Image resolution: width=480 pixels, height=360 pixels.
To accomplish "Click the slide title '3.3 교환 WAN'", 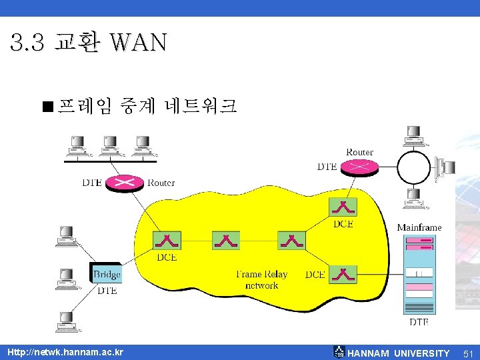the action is click(88, 43).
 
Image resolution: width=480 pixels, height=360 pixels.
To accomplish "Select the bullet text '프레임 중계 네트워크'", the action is click(147, 106).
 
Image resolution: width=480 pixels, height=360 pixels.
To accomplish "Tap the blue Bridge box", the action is click(107, 273).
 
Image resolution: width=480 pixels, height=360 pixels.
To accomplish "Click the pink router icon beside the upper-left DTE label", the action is click(124, 183).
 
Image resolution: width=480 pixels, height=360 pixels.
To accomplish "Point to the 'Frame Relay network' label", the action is click(262, 279).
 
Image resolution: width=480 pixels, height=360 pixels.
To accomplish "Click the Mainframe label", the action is click(419, 227).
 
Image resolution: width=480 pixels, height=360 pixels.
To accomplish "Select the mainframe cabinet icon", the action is click(419, 275).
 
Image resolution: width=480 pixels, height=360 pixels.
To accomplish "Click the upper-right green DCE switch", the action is click(343, 207).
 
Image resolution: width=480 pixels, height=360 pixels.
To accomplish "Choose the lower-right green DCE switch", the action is click(343, 274).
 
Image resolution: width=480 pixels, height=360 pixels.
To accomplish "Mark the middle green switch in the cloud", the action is click(226, 240).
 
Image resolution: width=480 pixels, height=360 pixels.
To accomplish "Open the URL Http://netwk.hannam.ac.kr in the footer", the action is click(65, 352).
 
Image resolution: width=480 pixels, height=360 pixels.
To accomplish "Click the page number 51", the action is click(468, 353).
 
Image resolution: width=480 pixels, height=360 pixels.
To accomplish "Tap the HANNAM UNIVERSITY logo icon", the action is click(339, 352).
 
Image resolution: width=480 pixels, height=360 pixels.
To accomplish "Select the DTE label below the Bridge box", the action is click(107, 291).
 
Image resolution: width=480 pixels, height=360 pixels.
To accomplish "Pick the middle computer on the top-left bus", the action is click(109, 143).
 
